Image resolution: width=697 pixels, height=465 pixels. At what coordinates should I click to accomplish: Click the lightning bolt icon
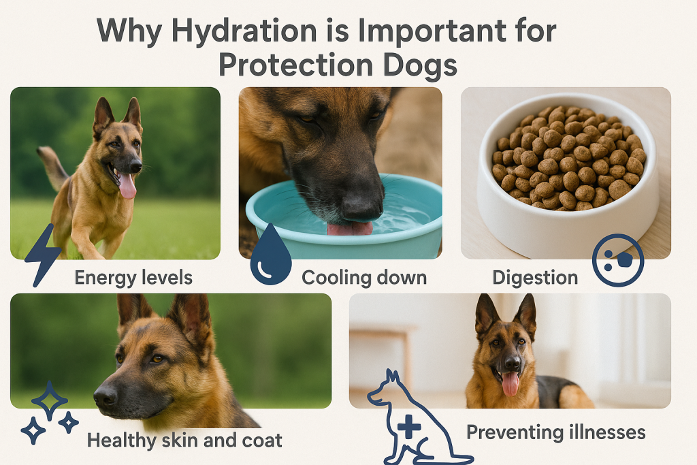pos(43,254)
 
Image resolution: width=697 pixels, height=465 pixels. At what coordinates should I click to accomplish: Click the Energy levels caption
pos(133,278)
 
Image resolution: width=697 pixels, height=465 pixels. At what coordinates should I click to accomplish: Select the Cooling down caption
pos(364,278)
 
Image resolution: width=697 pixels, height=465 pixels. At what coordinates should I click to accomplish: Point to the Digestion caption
pos(535,278)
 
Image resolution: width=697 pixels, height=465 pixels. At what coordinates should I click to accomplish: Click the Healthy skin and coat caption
pos(184,440)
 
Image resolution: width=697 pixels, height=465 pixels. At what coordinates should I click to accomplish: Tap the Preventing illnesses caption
pos(555,432)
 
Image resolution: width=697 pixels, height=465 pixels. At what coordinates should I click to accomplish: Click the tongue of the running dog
pos(127,185)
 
